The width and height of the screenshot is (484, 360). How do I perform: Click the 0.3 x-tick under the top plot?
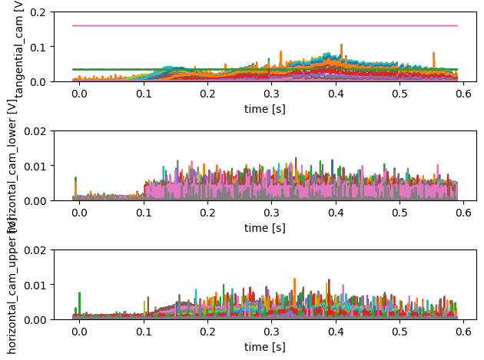point(271,94)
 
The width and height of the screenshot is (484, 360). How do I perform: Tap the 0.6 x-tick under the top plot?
point(465,94)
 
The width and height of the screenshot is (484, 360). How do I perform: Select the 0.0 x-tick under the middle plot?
point(78,213)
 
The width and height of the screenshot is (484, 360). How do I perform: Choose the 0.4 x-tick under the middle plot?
point(336,213)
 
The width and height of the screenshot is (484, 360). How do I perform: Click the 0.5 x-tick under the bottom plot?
point(400,332)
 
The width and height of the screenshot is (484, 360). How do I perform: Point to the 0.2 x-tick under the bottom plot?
point(207,332)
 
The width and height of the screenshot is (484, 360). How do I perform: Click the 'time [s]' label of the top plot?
point(265,108)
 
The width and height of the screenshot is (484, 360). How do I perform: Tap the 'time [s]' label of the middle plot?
point(265,227)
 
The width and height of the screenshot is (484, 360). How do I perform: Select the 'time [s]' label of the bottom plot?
point(265,346)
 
